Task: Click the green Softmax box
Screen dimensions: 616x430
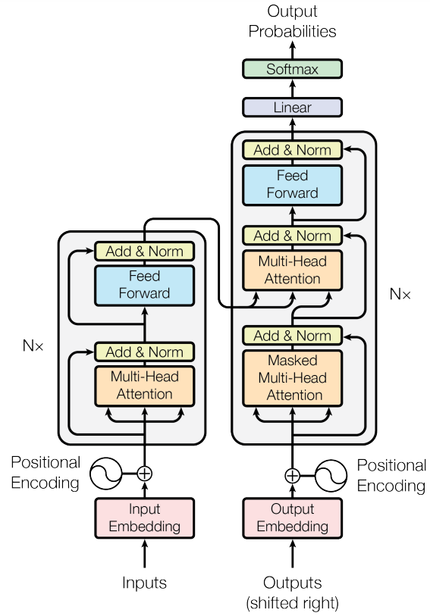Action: tap(292, 69)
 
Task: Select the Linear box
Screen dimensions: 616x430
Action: tap(292, 108)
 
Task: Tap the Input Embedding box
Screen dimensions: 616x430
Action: tap(144, 518)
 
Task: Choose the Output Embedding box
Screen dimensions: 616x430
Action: tap(292, 518)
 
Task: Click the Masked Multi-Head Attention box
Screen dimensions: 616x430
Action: tap(292, 377)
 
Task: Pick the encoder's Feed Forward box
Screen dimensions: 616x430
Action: tap(144, 285)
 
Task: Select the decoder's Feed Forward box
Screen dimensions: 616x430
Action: tap(292, 184)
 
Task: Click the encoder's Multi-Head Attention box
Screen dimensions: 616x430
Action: tap(144, 386)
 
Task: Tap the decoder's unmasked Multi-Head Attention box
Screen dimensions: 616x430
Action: tap(292, 270)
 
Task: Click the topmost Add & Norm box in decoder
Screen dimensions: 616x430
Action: tap(292, 150)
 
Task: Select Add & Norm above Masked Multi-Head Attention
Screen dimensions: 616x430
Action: tap(292, 336)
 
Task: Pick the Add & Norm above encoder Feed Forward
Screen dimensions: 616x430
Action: tap(144, 251)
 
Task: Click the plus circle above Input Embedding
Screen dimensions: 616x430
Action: tap(144, 474)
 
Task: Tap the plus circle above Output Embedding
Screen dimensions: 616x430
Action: tap(292, 475)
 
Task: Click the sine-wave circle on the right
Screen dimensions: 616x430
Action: tap(331, 475)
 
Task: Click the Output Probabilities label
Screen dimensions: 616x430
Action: tap(292, 23)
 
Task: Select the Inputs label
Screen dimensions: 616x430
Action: tap(144, 583)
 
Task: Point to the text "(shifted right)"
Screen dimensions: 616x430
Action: tap(292, 603)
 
